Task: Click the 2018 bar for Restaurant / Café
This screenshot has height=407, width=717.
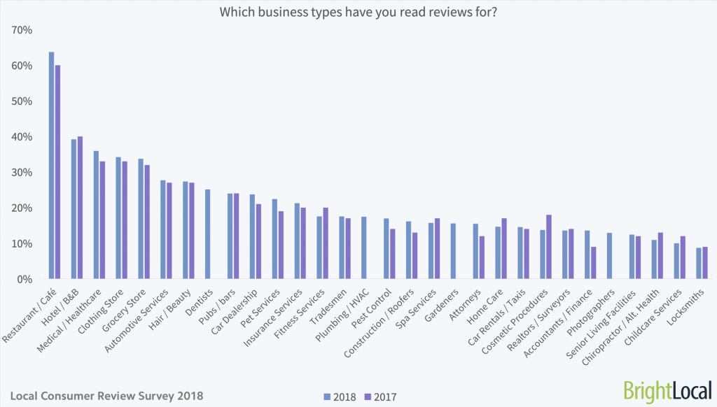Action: (51, 165)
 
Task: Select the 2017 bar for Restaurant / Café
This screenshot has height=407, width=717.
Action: (57, 172)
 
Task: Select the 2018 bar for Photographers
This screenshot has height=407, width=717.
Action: (610, 256)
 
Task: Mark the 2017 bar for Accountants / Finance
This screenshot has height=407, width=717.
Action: (594, 263)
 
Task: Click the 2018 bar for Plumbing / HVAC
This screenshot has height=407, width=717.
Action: (364, 248)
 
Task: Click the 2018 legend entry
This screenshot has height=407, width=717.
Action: (338, 397)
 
